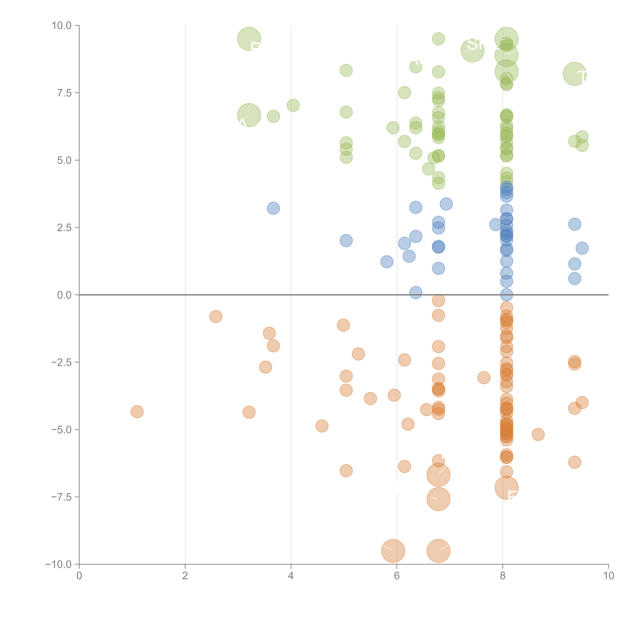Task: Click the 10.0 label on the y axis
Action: point(62,26)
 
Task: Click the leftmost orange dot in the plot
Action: point(137,411)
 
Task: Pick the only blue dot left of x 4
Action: point(273,208)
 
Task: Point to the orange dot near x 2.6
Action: point(216,316)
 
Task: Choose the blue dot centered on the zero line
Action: point(506,295)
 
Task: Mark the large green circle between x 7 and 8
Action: point(472,50)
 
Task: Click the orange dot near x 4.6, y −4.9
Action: point(322,426)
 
